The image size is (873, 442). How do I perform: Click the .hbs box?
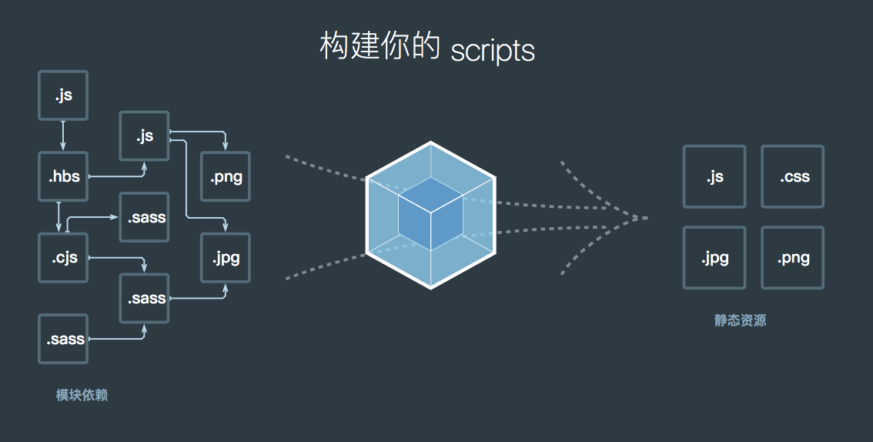[63, 176]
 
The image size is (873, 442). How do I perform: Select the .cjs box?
[63, 257]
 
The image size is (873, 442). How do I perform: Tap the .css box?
[792, 176]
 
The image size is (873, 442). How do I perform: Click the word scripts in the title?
[492, 50]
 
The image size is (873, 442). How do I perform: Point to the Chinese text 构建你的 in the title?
[380, 47]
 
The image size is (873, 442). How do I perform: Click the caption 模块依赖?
[82, 395]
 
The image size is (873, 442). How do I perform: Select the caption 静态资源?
[740, 320]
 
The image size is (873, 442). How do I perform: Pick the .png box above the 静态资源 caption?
[792, 257]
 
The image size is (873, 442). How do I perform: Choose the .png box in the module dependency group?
[226, 176]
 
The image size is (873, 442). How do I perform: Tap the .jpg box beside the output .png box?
[714, 257]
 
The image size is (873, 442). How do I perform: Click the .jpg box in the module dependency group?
[226, 257]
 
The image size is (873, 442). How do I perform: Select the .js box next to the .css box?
[714, 176]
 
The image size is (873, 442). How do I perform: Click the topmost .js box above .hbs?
[63, 95]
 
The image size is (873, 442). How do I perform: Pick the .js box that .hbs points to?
[144, 136]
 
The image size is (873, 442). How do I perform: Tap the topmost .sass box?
[144, 216]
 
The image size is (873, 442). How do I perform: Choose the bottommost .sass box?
[63, 339]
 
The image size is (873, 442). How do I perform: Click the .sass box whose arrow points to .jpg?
[144, 298]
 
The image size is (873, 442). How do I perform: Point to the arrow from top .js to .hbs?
[63, 136]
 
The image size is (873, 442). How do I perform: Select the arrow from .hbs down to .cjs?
[59, 216]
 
